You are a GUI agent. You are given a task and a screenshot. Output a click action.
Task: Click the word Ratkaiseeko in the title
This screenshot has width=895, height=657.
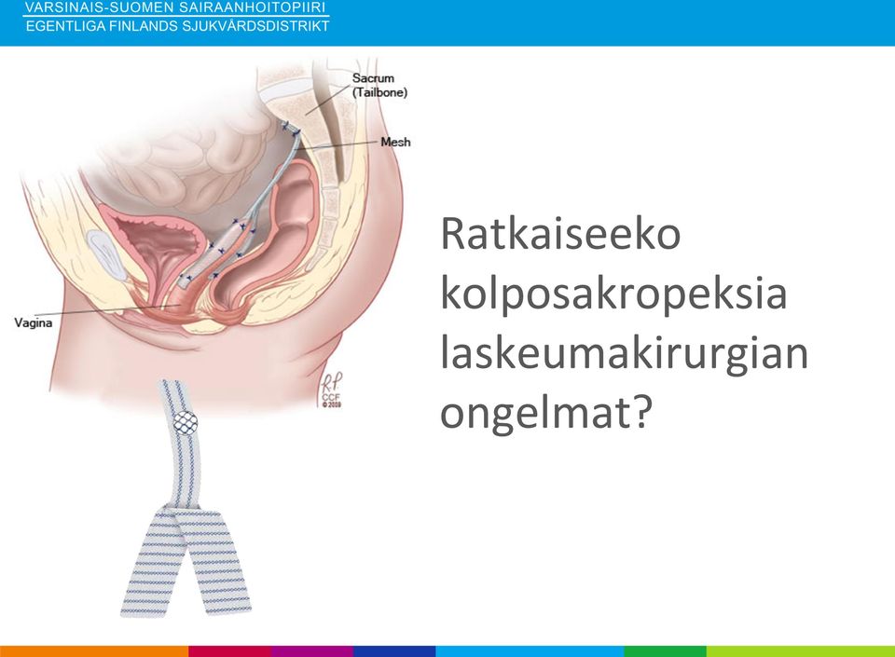(x=560, y=233)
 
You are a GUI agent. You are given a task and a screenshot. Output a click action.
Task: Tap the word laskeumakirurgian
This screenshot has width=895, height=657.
(x=624, y=353)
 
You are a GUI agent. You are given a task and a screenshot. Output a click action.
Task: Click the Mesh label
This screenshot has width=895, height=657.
(x=395, y=142)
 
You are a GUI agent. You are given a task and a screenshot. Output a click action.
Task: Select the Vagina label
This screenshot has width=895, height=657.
(x=34, y=322)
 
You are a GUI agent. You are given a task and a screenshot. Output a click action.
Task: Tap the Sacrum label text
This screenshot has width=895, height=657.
(x=373, y=78)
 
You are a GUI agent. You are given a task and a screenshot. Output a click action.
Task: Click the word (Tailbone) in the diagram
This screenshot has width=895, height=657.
(x=379, y=92)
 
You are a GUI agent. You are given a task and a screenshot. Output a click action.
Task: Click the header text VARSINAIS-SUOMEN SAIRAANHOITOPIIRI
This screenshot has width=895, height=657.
(x=175, y=7)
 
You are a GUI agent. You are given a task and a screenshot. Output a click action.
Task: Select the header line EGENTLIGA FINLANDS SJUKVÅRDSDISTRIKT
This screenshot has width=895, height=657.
(x=177, y=26)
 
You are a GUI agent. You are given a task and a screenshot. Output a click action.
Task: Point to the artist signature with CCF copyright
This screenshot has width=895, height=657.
(x=330, y=390)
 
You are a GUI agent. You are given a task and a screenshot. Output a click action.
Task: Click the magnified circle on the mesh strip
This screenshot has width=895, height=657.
(x=185, y=423)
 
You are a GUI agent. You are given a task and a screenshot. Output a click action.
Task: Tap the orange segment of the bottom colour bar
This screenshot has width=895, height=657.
(x=94, y=651)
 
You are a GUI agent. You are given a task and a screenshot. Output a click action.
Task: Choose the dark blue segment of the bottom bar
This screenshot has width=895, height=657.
(x=394, y=651)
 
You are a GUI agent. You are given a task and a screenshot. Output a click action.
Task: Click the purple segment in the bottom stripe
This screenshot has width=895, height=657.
(x=312, y=651)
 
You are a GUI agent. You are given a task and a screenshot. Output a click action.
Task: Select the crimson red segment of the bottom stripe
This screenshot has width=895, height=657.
(x=229, y=651)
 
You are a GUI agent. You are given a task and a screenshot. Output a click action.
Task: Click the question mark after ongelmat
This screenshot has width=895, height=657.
(x=643, y=411)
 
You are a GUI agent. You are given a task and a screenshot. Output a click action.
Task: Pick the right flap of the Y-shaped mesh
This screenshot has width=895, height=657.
(x=214, y=562)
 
